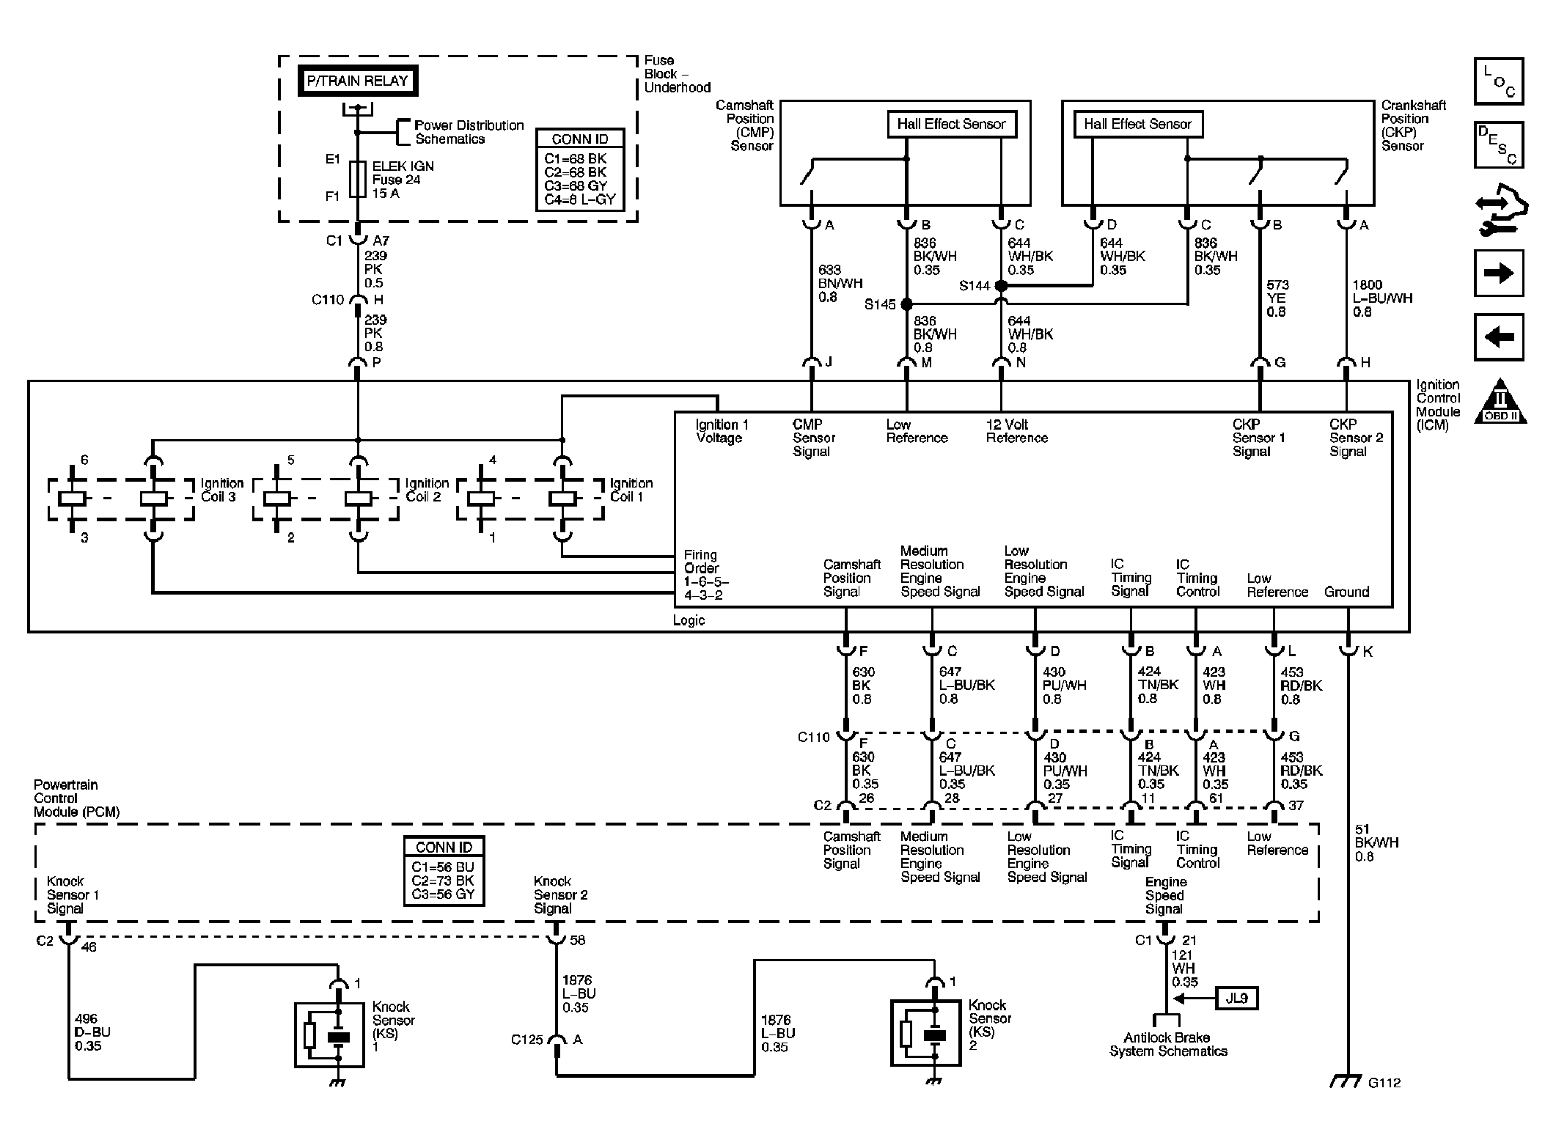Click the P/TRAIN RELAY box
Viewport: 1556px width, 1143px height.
coord(357,81)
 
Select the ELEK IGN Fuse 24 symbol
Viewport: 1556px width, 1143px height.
coord(357,180)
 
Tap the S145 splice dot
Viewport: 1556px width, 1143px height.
coord(906,304)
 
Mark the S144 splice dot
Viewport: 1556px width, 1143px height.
coord(1001,286)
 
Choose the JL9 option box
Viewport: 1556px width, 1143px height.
coord(1236,998)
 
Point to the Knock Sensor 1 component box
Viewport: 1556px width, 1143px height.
coord(329,1034)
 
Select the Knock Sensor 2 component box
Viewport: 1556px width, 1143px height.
coord(925,1032)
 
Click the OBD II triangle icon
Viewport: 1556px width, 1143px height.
coord(1500,403)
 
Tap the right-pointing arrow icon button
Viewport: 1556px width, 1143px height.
coord(1499,273)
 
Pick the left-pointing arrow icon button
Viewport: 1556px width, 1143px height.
coord(1499,337)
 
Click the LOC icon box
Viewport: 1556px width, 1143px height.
coord(1499,81)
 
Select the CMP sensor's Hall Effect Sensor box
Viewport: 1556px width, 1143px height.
coord(951,124)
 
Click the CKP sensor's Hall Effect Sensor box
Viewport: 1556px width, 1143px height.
coord(1137,124)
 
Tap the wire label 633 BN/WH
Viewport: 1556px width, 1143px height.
coord(840,284)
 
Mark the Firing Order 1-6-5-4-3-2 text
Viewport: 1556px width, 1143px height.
coord(705,575)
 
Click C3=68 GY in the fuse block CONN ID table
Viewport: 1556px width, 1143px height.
coord(576,185)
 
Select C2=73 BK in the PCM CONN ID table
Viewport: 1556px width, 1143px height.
coord(443,881)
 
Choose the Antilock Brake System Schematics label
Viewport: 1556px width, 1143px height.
coord(1167,1044)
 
